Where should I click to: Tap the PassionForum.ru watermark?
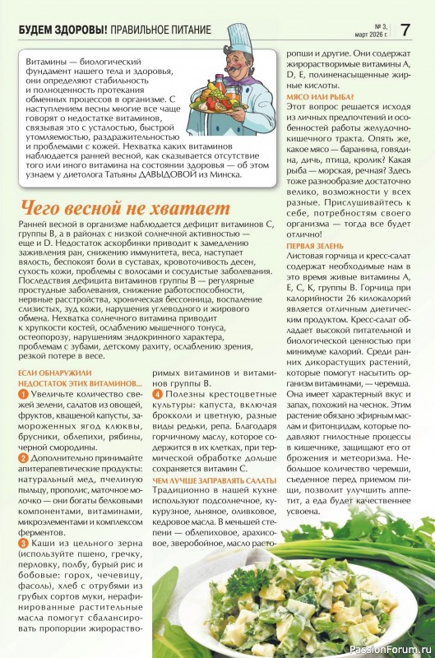point(391,648)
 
